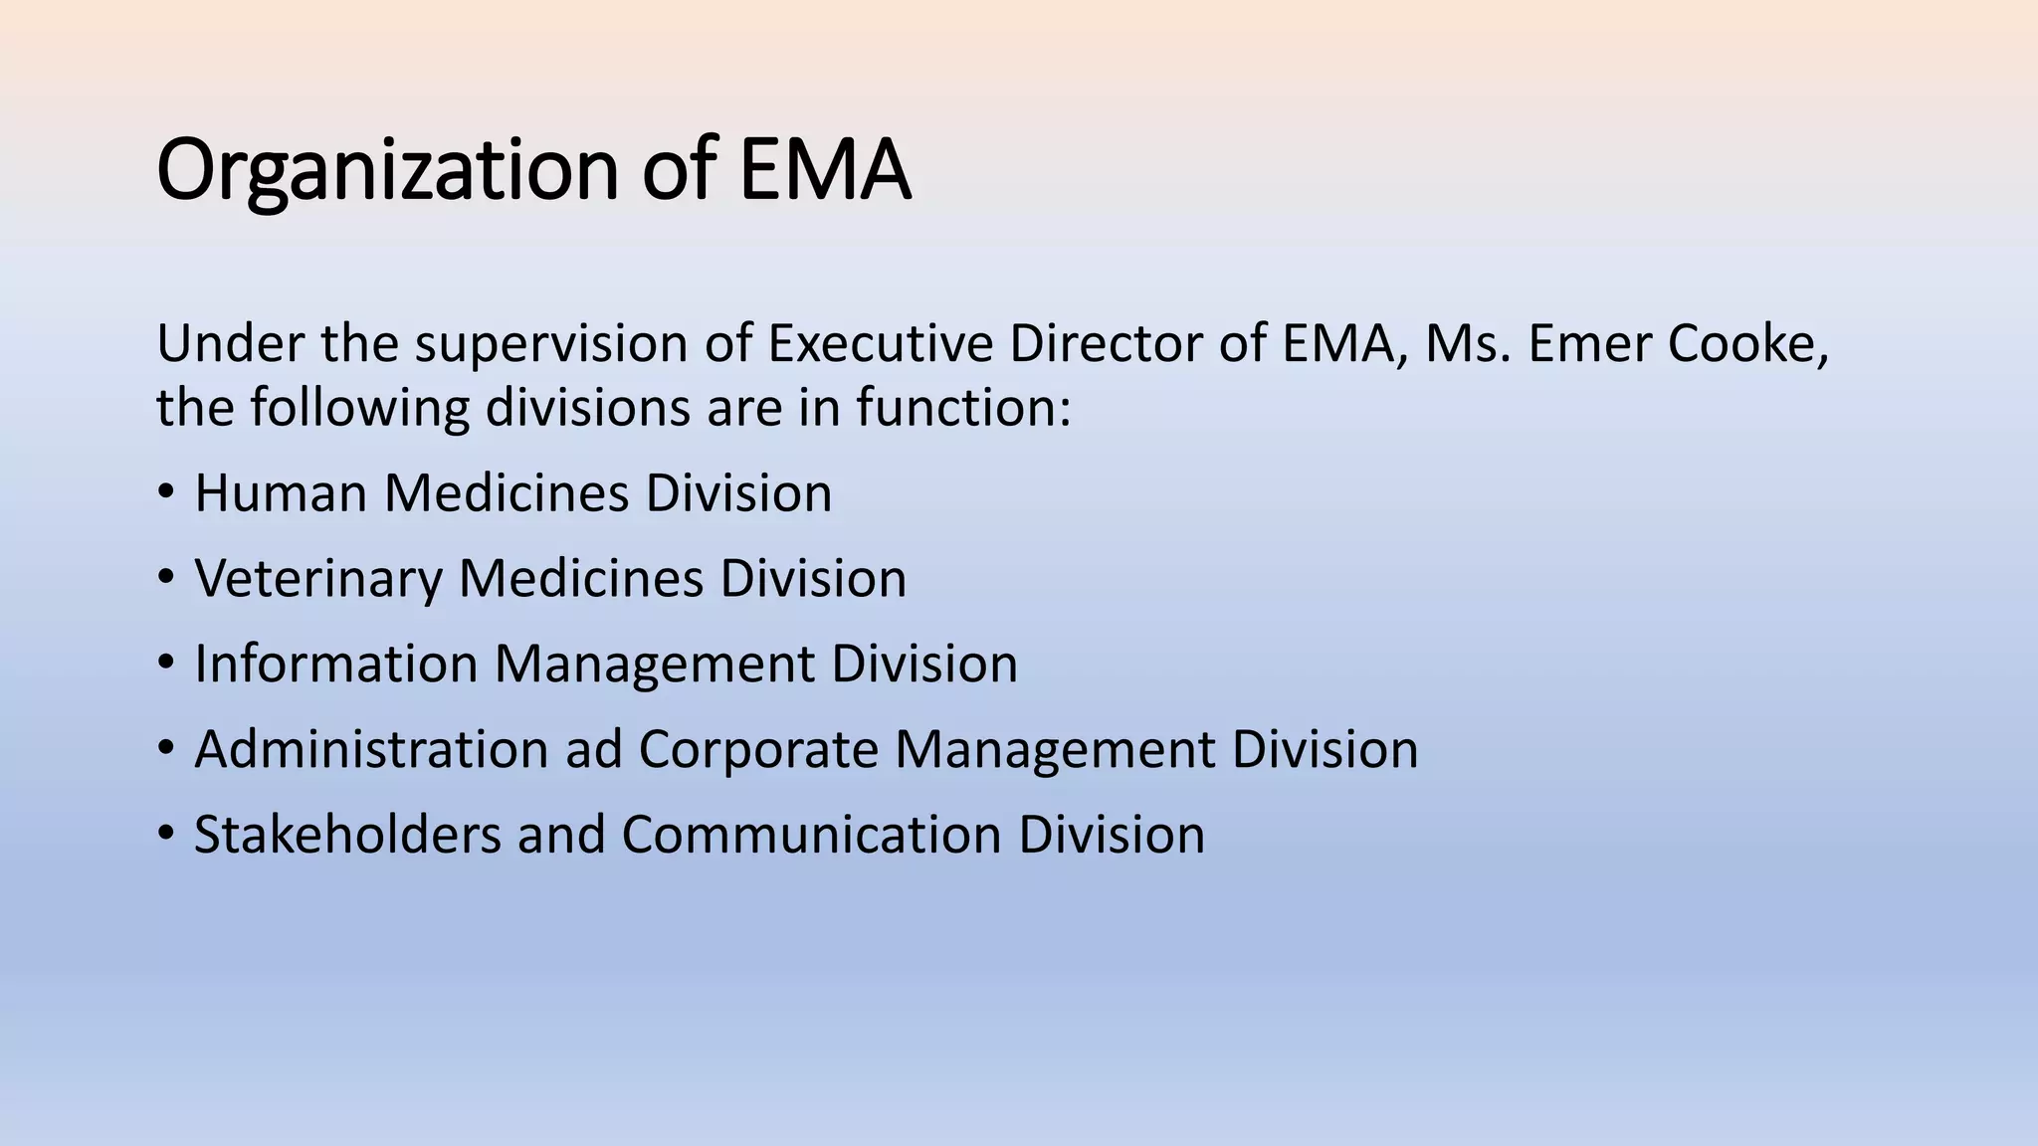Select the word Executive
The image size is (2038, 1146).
point(880,344)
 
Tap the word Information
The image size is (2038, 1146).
point(336,665)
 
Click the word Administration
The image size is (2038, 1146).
point(372,750)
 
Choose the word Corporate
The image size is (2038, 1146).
point(758,750)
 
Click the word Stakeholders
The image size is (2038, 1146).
point(347,835)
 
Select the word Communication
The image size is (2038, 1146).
point(811,835)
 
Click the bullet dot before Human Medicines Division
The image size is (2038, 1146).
point(166,491)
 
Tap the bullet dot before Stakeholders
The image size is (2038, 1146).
point(166,833)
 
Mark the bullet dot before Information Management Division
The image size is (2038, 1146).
point(166,663)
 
